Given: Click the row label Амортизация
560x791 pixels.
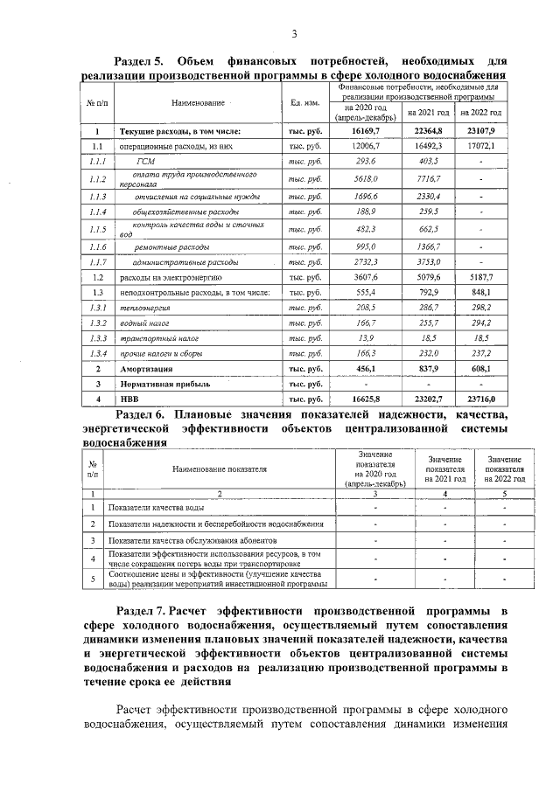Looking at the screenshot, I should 146,370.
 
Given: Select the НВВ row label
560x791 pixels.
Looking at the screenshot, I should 129,399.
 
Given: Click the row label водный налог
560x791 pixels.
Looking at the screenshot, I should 143,323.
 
